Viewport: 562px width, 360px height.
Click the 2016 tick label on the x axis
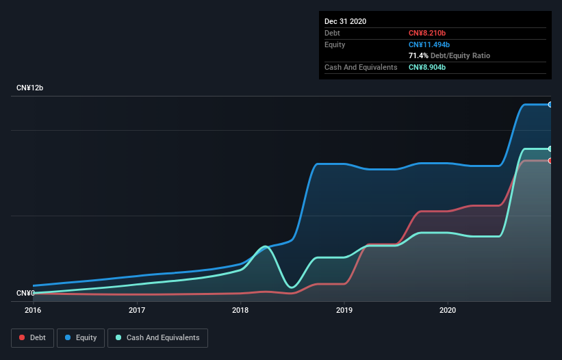[x=33, y=310]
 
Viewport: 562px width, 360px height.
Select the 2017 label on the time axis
[x=137, y=310]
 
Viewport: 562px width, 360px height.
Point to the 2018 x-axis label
[x=240, y=310]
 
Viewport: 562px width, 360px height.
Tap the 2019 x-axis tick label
[x=344, y=310]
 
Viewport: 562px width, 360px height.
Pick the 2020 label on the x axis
[x=448, y=310]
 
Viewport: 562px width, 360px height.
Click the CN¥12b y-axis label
[x=30, y=88]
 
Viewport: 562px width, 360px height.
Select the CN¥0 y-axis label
[x=25, y=293]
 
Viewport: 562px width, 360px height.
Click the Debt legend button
[x=32, y=337]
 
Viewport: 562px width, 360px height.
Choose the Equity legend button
[x=81, y=337]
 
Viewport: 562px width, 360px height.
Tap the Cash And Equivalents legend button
[x=157, y=337]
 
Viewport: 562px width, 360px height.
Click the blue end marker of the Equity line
[x=550, y=105]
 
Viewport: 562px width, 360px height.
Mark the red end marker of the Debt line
[x=550, y=161]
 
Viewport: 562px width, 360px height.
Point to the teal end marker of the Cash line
[x=550, y=149]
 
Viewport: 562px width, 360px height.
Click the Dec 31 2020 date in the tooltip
[x=346, y=21]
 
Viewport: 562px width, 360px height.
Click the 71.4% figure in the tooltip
[x=418, y=55]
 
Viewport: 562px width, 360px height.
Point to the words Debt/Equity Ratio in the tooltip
[x=460, y=55]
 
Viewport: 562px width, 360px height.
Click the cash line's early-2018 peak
[x=265, y=246]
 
